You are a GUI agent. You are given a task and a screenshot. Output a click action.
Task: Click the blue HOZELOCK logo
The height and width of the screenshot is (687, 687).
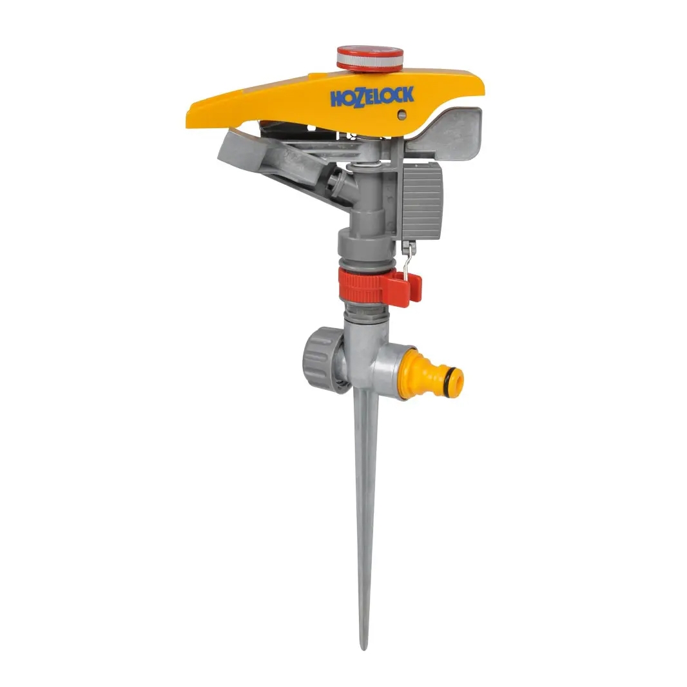tap(372, 97)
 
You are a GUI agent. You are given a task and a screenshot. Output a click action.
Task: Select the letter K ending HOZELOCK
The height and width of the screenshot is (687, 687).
tap(408, 94)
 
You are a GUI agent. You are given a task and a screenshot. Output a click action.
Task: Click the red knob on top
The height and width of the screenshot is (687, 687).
tap(370, 57)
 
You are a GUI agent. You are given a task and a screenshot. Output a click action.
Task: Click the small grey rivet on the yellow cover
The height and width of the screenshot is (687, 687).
tap(402, 115)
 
